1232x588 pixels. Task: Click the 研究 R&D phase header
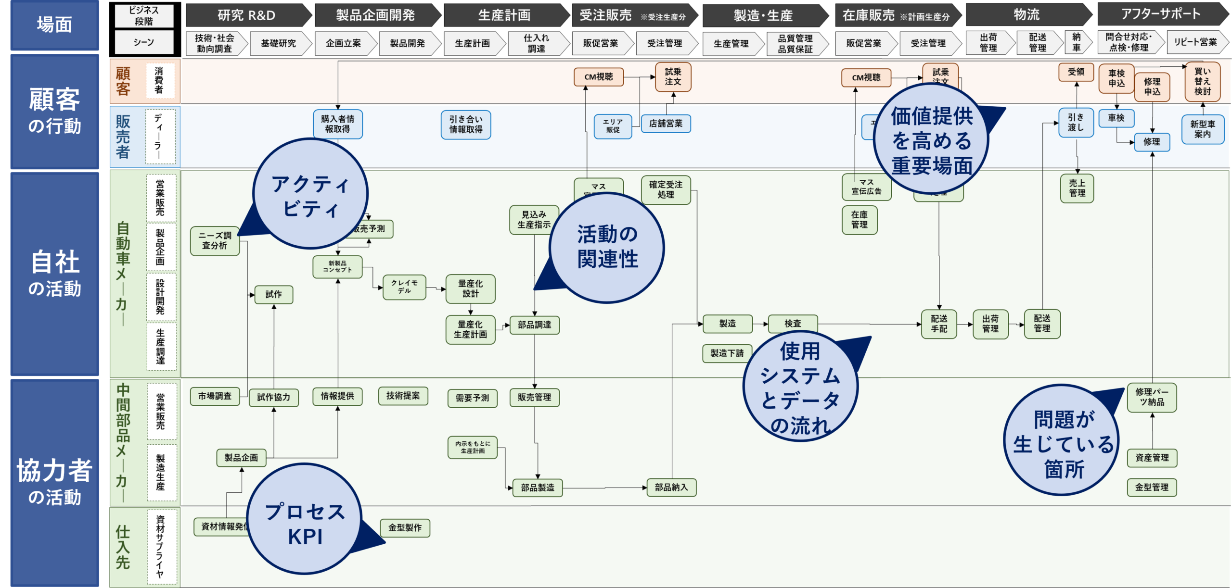pyautogui.click(x=246, y=15)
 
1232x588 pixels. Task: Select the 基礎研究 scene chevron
pyautogui.click(x=278, y=43)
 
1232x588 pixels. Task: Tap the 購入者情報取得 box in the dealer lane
pyautogui.click(x=337, y=124)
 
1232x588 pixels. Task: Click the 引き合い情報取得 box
pyautogui.click(x=465, y=125)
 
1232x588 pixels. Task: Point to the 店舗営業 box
pyautogui.click(x=666, y=124)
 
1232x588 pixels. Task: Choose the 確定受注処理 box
pyautogui.click(x=666, y=190)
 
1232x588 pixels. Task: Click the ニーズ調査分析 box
pyautogui.click(x=215, y=241)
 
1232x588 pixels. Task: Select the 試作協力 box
pyautogui.click(x=273, y=397)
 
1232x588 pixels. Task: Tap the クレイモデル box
pyautogui.click(x=404, y=287)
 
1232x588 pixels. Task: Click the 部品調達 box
pyautogui.click(x=534, y=325)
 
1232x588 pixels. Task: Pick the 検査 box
pyautogui.click(x=793, y=324)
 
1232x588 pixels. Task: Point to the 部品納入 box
pyautogui.click(x=671, y=488)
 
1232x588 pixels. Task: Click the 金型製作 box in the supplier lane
pyautogui.click(x=405, y=528)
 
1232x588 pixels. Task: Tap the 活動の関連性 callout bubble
pyautogui.click(x=607, y=248)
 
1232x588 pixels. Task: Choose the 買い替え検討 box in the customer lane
pyautogui.click(x=1202, y=81)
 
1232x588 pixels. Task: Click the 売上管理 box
pyautogui.click(x=1077, y=188)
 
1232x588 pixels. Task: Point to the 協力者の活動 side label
pyautogui.click(x=54, y=481)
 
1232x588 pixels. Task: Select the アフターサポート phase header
pyautogui.click(x=1161, y=14)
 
